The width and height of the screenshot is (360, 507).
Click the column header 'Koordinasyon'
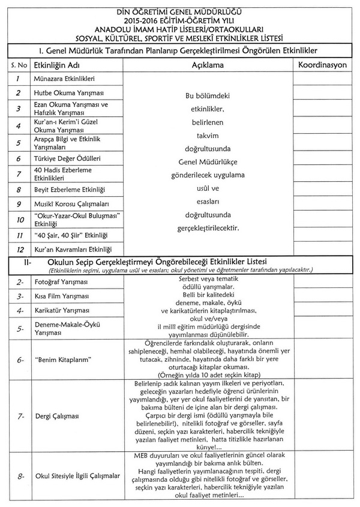coord(322,63)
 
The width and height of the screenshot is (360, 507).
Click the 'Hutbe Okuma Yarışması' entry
coord(68,93)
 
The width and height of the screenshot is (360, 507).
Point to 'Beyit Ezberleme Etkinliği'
coord(70,190)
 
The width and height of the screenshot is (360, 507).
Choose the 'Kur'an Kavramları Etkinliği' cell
coord(73,248)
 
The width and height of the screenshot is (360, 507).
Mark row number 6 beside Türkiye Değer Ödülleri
coord(19,158)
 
